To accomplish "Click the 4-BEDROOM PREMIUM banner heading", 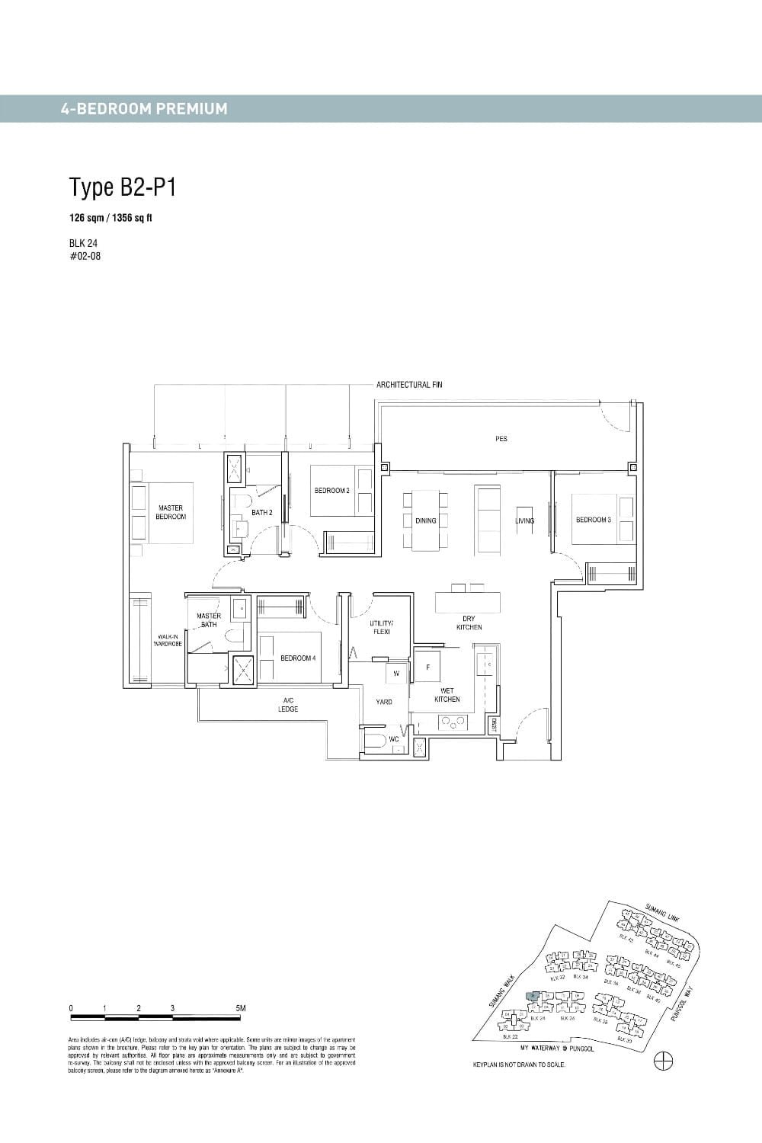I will [144, 108].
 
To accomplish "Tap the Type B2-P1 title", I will [123, 187].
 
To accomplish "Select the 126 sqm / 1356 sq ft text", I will [110, 218].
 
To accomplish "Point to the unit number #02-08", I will [85, 256].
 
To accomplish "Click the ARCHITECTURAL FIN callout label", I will [409, 385].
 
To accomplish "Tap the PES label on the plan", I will [501, 439].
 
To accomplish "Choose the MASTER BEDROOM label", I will [171, 512].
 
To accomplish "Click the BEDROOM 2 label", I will [331, 491].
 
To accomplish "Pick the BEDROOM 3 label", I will [594, 520].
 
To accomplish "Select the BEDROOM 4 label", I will [298, 658].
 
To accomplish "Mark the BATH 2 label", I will [261, 513].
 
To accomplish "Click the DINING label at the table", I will [426, 521].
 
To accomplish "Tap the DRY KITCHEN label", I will [469, 623].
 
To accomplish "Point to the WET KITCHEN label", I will [447, 695].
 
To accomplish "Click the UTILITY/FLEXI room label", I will [381, 627].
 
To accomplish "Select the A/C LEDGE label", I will [288, 704].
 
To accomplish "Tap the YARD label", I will [384, 702].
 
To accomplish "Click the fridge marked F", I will [427, 667].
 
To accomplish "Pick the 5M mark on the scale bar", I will [242, 1008].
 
